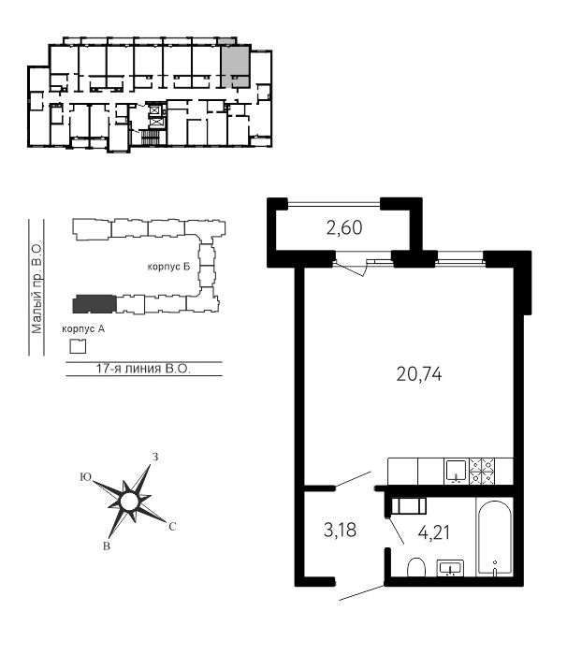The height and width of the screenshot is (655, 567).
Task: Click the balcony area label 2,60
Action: point(344,228)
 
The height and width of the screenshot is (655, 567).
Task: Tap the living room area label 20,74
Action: point(419,374)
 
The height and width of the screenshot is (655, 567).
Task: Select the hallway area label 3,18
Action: point(341,530)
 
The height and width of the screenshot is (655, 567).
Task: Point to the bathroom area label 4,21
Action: point(434,532)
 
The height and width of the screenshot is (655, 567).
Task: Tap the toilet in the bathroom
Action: point(416,567)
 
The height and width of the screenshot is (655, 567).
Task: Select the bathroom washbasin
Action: point(450,568)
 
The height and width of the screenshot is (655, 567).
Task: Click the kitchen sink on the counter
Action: point(456,471)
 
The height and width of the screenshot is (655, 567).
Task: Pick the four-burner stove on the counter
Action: point(483,471)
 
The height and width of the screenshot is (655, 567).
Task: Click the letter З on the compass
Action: point(155,457)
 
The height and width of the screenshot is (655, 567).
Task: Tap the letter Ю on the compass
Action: point(86,477)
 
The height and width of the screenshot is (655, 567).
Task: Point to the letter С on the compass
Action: point(172,527)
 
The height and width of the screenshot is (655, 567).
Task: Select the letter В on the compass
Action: point(107,546)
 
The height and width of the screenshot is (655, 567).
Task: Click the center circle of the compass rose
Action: point(129,502)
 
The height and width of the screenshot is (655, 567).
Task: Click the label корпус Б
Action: point(168,267)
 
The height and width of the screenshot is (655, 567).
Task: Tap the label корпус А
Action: point(83,328)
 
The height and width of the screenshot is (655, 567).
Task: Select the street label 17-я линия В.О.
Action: point(143,369)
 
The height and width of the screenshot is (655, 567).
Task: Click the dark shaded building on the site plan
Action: point(94,304)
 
